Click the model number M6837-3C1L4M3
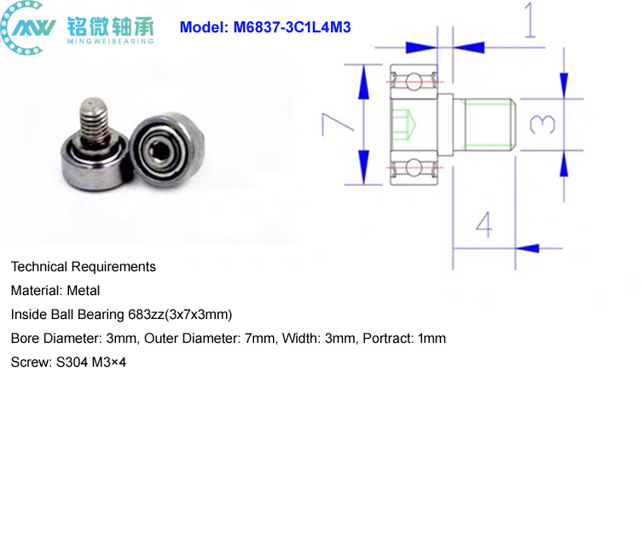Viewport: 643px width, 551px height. (x=292, y=27)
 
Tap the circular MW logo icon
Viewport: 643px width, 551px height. (x=27, y=27)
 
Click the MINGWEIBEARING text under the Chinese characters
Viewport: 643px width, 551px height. (x=111, y=41)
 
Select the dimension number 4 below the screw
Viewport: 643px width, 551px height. (x=484, y=225)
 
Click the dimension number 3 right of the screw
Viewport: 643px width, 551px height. (x=542, y=125)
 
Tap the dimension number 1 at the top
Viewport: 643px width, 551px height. (x=530, y=20)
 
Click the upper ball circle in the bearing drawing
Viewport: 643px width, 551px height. (x=414, y=81)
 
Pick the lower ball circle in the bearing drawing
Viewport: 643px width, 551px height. (x=414, y=168)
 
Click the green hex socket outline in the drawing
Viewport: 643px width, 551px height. (x=404, y=125)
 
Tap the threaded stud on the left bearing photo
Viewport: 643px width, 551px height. (x=94, y=119)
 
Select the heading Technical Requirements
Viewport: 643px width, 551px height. (x=84, y=267)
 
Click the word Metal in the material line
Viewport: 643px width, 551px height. (x=84, y=291)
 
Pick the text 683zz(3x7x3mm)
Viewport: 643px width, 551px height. (x=180, y=315)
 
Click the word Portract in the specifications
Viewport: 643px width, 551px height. (x=388, y=339)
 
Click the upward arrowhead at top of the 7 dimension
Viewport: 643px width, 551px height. (x=363, y=82)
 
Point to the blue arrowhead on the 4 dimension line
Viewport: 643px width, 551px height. (x=527, y=248)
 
